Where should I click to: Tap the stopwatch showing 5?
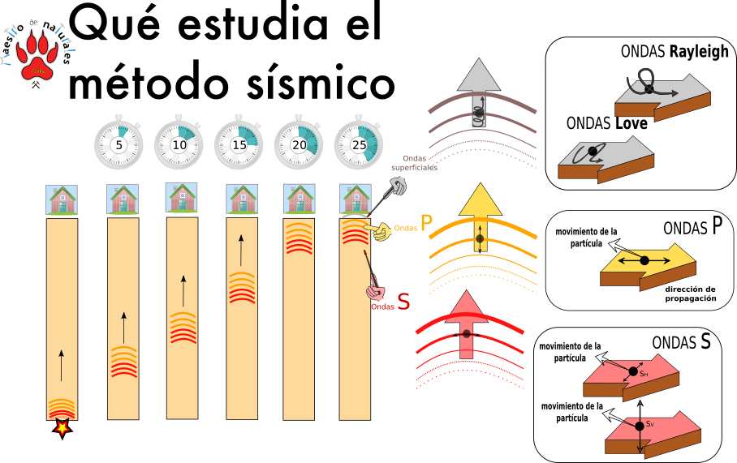(x=119, y=144)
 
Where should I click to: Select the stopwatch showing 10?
(x=179, y=144)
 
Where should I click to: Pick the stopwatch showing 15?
(x=239, y=144)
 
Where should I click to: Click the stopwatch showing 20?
(x=299, y=144)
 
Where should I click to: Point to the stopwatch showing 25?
(x=359, y=144)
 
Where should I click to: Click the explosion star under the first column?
(x=62, y=427)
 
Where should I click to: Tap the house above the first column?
(x=62, y=199)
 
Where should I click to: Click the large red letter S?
(x=403, y=302)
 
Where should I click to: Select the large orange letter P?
(x=426, y=225)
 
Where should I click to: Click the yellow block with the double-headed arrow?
(x=648, y=266)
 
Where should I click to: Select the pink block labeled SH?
(x=631, y=378)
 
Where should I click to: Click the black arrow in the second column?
(x=123, y=328)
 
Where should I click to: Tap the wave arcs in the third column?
(x=183, y=327)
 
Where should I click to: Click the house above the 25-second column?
(x=356, y=199)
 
